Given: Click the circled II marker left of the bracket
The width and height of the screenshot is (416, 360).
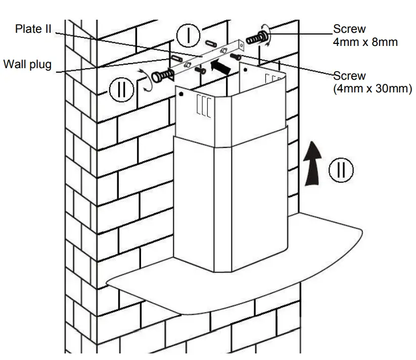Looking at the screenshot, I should click(x=120, y=90).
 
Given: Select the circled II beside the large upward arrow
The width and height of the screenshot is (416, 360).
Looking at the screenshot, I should click(x=342, y=170).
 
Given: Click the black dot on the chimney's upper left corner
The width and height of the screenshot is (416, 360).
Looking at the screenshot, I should click(x=181, y=94).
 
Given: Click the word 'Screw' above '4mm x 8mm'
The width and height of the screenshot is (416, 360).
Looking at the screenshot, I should click(x=349, y=30).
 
